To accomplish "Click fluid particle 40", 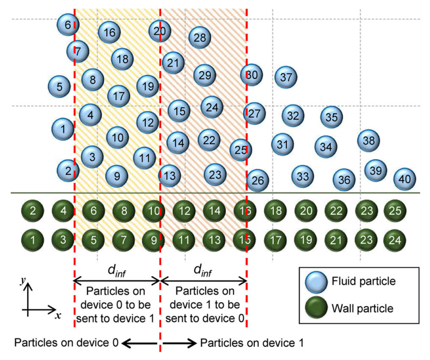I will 404,179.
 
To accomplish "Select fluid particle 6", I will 68,25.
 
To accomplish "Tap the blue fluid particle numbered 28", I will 200,38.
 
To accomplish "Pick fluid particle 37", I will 286,78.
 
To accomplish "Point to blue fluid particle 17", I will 119,96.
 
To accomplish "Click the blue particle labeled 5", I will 59,86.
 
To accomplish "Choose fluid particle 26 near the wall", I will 258,180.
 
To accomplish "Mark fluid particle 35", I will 331,117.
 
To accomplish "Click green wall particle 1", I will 33,239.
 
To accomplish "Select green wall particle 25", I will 395,210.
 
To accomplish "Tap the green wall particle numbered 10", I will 153,210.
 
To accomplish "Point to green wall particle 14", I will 214,210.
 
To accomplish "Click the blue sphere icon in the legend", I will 316,282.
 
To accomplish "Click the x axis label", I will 58,316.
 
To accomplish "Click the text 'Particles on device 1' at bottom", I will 252,343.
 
